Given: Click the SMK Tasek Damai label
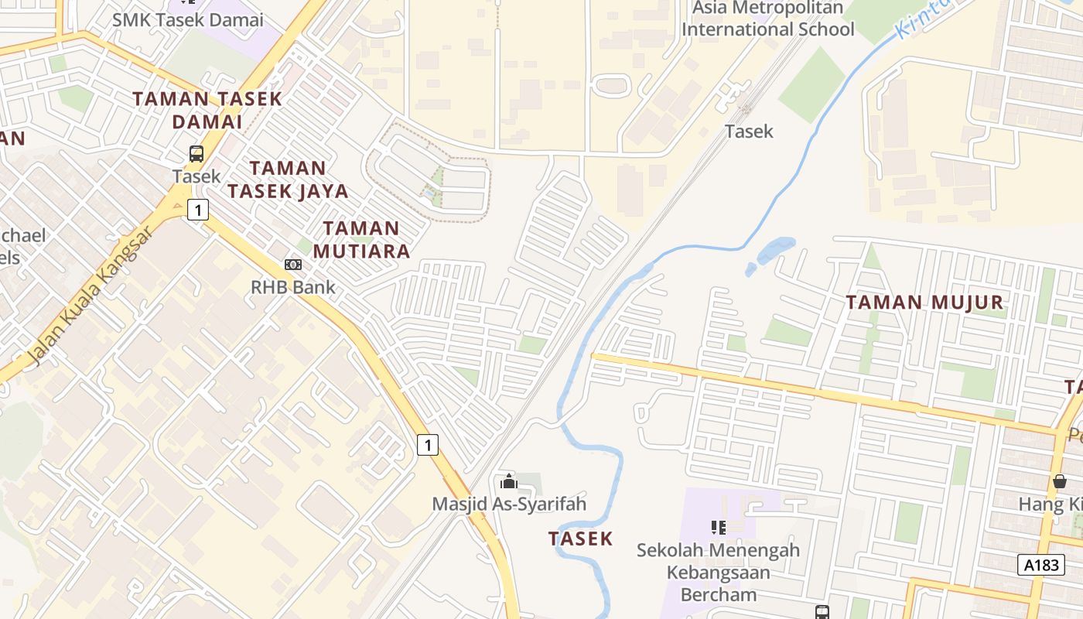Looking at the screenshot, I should point(187,20).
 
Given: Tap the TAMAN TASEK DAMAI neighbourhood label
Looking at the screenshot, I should point(207,110).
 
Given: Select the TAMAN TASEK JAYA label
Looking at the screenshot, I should point(288,179).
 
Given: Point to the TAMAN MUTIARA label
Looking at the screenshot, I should point(361,239).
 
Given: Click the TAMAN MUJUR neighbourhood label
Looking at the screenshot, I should point(924,302).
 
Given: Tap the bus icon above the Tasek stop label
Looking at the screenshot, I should point(196,154).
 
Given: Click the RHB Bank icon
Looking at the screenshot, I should point(292,265).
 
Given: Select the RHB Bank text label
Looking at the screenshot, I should point(292,287).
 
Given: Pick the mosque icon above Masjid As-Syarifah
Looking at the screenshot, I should point(508,482).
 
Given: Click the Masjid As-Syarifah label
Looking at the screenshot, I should point(508,504).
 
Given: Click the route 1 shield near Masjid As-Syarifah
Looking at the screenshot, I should point(428,445).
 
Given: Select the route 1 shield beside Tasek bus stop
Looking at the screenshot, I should point(198,210).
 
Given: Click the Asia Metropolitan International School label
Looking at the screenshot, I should point(767,19).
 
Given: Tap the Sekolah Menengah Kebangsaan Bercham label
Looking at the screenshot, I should point(718,573).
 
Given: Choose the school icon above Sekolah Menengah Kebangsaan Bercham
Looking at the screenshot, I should point(718,528).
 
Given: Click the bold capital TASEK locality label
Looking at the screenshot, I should point(580,539).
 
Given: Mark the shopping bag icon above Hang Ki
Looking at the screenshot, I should point(1060,481).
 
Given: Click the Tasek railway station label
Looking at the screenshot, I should point(748,132).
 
